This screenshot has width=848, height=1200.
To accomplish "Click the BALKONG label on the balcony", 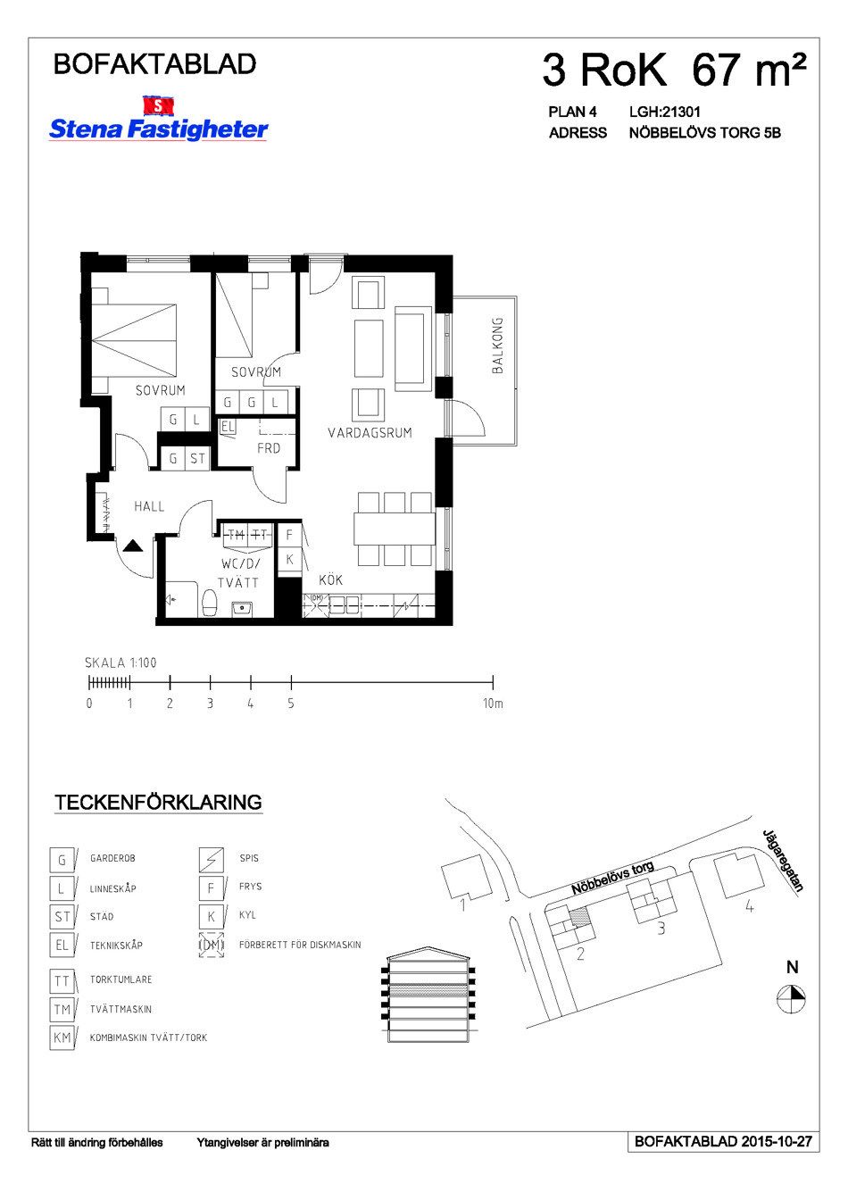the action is [497, 345].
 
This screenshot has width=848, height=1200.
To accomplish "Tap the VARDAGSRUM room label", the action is [370, 432].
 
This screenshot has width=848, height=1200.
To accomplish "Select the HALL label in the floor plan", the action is [149, 506].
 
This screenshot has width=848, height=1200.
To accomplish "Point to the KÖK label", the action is [330, 579].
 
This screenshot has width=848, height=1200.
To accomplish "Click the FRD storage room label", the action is [269, 448].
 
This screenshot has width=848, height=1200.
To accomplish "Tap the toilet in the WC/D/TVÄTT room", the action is [210, 604].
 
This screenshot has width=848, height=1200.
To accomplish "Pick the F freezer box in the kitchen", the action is [289, 535].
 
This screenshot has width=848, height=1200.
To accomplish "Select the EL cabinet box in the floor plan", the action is [227, 427].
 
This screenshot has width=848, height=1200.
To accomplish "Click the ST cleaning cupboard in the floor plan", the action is [197, 458].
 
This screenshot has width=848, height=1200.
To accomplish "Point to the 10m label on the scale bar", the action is [493, 704].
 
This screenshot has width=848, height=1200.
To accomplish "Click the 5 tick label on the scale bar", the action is [290, 704].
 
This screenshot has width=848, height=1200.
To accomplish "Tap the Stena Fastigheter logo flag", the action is [158, 105].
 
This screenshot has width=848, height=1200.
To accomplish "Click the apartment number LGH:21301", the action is [665, 112].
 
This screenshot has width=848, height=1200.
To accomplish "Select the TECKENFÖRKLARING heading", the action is [159, 802].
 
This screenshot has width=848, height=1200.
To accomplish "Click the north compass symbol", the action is [791, 996].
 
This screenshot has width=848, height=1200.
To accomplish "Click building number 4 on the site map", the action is [750, 907].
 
